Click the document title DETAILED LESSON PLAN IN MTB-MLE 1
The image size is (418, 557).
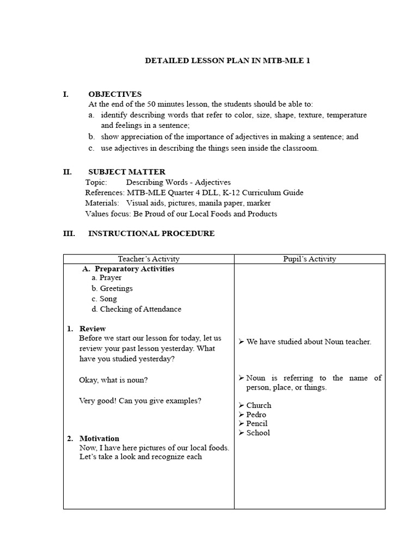(228, 61)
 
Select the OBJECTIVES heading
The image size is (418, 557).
(115, 94)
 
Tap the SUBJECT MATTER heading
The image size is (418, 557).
(127, 172)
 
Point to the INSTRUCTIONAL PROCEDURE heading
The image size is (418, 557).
(151, 233)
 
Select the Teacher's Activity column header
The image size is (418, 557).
(149, 259)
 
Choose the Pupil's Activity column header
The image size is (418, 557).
(310, 259)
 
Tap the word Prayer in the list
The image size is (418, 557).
(110, 278)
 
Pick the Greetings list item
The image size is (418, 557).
(116, 288)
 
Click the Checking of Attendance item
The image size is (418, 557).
(140, 309)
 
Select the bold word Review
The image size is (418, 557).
(93, 329)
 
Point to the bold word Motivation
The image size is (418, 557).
(99, 438)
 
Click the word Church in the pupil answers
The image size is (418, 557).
(259, 405)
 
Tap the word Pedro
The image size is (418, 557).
(256, 414)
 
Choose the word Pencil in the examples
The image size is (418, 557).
(257, 423)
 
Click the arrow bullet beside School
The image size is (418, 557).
(241, 433)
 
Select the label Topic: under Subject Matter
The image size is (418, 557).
(96, 182)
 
